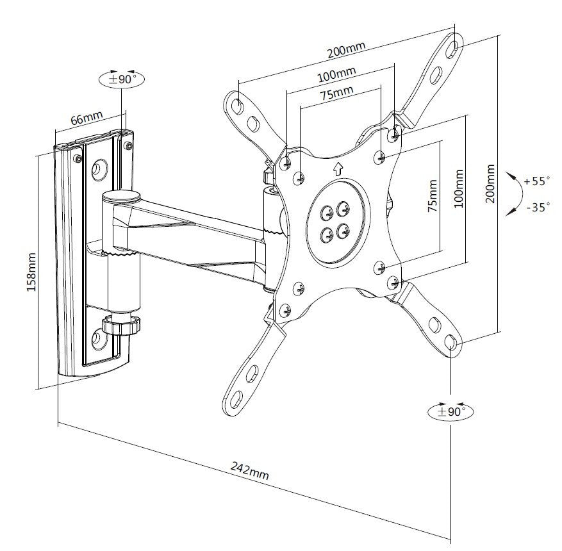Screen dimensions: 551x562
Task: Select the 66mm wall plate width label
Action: click(86, 119)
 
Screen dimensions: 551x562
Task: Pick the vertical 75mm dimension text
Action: click(433, 197)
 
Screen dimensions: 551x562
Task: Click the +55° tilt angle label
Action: click(536, 181)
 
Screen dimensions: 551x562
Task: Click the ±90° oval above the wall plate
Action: click(122, 79)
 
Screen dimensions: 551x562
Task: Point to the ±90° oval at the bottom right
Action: click(450, 411)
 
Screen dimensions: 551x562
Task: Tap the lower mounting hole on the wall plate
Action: click(100, 336)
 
